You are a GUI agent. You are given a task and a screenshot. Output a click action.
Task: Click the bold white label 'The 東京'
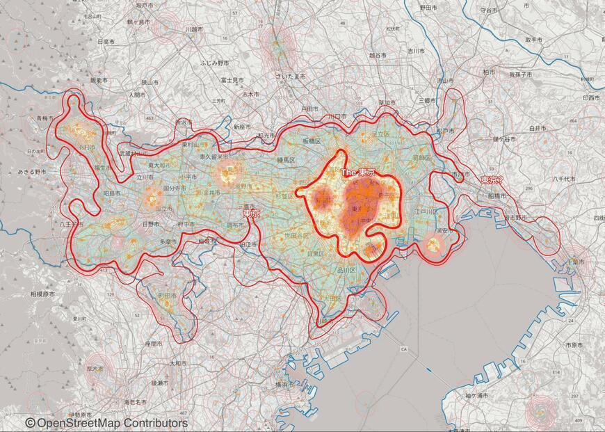pyautogui.click(x=357, y=172)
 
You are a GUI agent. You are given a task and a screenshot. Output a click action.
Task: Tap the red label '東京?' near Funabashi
pyautogui.click(x=492, y=180)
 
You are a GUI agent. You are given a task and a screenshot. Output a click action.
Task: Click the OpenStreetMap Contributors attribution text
pyautogui.click(x=106, y=423)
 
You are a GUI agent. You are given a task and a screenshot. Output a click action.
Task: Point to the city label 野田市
pyautogui.click(x=428, y=8)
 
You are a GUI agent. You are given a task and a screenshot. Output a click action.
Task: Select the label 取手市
pyautogui.click(x=533, y=40)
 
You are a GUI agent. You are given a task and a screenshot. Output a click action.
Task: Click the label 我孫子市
pyautogui.click(x=519, y=74)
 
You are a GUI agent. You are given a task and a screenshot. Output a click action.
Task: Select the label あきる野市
pyautogui.click(x=31, y=171)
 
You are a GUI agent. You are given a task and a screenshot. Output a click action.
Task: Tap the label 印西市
pyautogui.click(x=592, y=98)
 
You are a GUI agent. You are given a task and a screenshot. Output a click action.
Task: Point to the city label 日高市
pyautogui.click(x=106, y=42)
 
